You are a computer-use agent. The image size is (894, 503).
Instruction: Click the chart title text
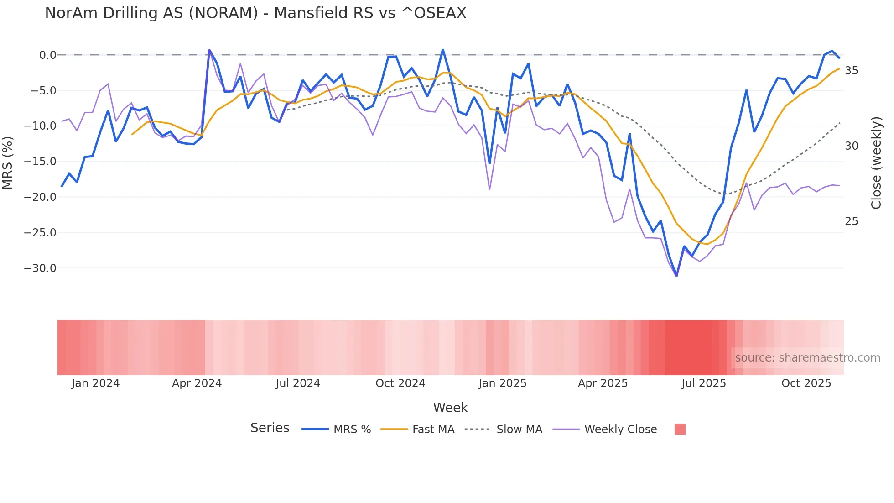tap(255, 13)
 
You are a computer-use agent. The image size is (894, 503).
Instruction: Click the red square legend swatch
tap(680, 429)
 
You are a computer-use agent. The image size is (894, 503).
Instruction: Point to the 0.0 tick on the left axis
tap(47, 55)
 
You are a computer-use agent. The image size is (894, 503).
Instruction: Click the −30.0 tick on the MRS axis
tap(40, 268)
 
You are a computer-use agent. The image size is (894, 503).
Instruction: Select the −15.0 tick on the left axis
tap(40, 162)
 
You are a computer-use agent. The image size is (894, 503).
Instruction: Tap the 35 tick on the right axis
tap(851, 71)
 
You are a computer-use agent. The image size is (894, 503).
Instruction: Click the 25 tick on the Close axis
tap(851, 221)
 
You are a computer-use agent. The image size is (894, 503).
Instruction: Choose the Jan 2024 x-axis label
tap(95, 383)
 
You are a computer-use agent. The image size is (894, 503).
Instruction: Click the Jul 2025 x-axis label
tap(704, 383)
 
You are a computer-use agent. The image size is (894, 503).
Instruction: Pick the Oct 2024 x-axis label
tap(400, 383)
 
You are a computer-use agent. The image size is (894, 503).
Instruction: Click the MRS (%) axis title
tap(8, 162)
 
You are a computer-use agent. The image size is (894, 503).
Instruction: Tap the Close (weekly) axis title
tap(876, 162)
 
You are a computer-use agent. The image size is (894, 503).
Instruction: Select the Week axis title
tap(450, 408)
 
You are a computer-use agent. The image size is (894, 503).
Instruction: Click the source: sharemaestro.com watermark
tap(807, 358)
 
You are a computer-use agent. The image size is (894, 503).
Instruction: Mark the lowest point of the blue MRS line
tap(676, 276)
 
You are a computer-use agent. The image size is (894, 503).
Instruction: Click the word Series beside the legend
tap(270, 428)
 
